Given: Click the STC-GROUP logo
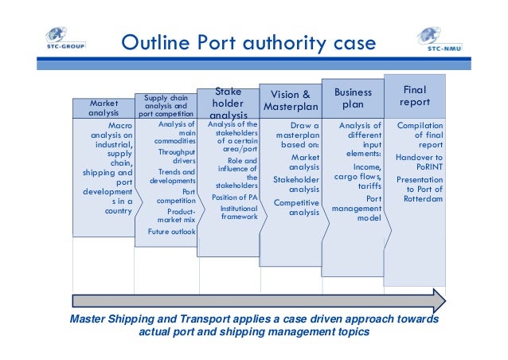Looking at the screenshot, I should tap(64, 40).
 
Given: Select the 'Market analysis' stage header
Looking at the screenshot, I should tap(104, 108).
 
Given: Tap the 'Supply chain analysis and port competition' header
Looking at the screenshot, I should tap(166, 106).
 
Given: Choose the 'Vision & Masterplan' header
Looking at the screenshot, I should tap(291, 100).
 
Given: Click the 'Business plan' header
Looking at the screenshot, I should tap(352, 99).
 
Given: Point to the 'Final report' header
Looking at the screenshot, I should tap(415, 96).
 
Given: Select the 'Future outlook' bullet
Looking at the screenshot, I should tap(171, 232).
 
